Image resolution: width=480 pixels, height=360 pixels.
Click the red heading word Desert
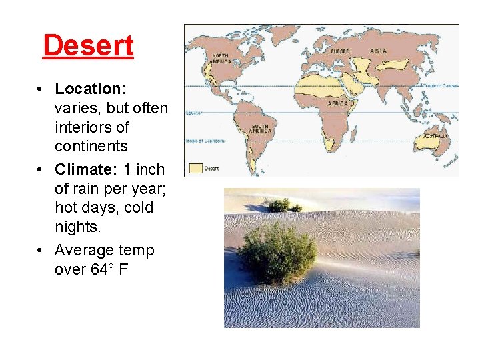pyautogui.click(x=88, y=45)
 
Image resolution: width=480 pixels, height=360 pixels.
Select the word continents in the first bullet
pyautogui.click(x=91, y=146)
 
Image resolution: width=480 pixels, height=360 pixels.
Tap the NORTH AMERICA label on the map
pyautogui.click(x=221, y=58)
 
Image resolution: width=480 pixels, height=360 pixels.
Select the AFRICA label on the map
pyautogui.click(x=337, y=104)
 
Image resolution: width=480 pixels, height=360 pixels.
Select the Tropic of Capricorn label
pyautogui.click(x=205, y=141)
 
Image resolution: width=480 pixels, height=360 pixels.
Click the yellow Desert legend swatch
pyautogui.click(x=195, y=168)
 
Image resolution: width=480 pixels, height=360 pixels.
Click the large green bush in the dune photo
pyautogui.click(x=278, y=252)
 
